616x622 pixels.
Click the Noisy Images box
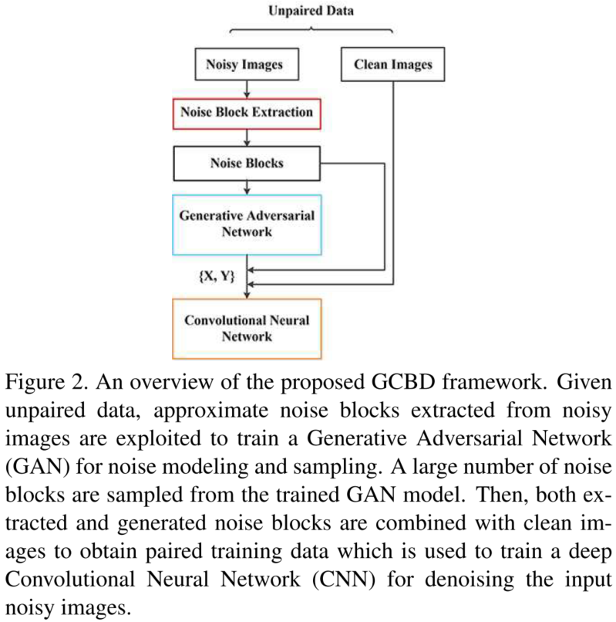point(245,65)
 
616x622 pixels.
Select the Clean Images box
point(393,65)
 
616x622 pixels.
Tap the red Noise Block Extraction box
point(246,113)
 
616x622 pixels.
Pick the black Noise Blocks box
point(246,164)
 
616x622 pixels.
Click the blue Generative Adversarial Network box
point(246,224)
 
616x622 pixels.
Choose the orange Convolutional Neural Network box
point(246,328)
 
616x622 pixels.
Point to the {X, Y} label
point(217,275)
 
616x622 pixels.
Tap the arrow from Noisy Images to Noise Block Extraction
point(246,88)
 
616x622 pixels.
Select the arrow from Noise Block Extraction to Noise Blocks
point(246,139)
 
